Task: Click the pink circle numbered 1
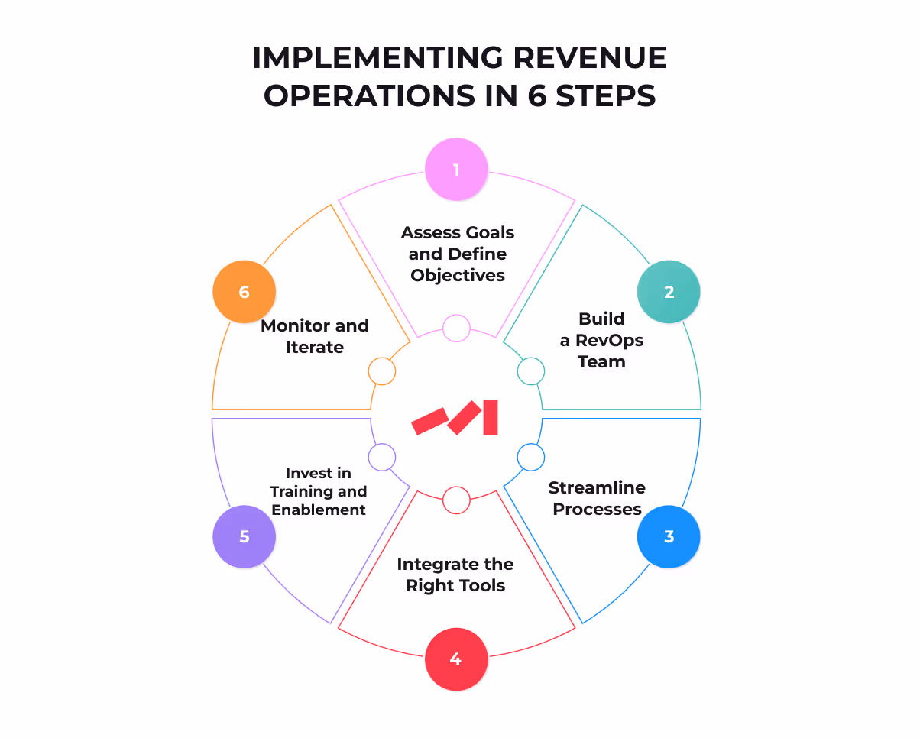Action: (456, 169)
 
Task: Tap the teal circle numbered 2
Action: (669, 292)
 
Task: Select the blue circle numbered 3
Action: (669, 536)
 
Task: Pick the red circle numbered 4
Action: (456, 659)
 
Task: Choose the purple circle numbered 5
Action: (244, 536)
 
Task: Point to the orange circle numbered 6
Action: (244, 292)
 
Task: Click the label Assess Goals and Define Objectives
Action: (458, 254)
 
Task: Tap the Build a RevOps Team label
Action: (601, 340)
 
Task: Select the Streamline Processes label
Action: (597, 498)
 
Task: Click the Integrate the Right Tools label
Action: (455, 575)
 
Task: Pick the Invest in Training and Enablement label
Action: (319, 491)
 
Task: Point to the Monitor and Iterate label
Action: (315, 336)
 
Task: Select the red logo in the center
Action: (455, 418)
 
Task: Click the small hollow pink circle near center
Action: (456, 328)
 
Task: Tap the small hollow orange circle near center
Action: (381, 371)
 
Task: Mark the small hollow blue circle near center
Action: (530, 457)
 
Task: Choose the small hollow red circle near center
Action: (456, 500)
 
